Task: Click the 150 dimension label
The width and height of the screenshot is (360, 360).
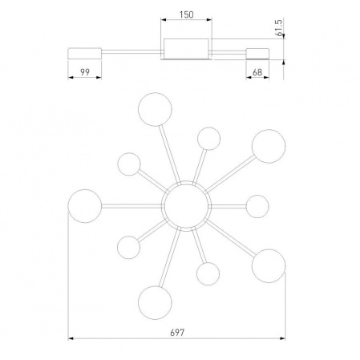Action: point(186,14)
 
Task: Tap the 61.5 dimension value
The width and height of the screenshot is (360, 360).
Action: point(279,28)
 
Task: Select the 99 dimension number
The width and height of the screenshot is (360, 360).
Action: point(85,72)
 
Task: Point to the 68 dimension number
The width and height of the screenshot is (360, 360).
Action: point(257,72)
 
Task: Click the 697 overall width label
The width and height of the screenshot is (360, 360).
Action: point(177,333)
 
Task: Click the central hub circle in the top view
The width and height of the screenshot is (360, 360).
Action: point(186,206)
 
